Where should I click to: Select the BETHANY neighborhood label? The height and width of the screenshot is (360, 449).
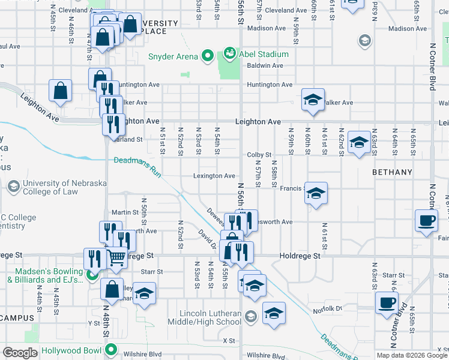[393, 172]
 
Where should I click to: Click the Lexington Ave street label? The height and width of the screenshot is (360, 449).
[214, 176]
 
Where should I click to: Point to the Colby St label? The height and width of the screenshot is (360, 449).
[259, 155]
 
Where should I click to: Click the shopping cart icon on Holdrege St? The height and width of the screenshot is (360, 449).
[116, 257]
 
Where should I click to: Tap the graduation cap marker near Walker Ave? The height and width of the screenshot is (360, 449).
[313, 100]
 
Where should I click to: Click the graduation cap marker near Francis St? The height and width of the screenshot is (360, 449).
[316, 194]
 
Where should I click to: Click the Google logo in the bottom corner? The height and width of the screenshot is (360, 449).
[20, 353]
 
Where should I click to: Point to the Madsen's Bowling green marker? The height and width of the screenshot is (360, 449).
[91, 275]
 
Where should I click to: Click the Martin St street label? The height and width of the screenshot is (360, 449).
[125, 212]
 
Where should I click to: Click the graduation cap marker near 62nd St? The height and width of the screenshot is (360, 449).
[358, 143]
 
